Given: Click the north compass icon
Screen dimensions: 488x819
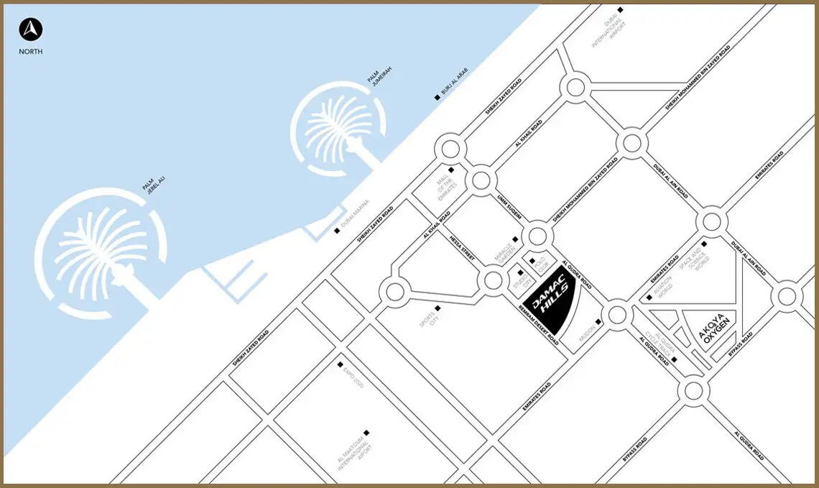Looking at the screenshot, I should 31,29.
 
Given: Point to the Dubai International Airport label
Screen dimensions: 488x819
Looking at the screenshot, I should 605,32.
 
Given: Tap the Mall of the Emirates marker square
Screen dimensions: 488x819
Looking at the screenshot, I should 451,170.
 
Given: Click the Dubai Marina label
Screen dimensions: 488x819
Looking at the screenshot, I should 355,214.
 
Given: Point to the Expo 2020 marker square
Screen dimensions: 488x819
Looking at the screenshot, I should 341,364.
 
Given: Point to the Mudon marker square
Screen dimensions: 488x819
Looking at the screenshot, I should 598,322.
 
